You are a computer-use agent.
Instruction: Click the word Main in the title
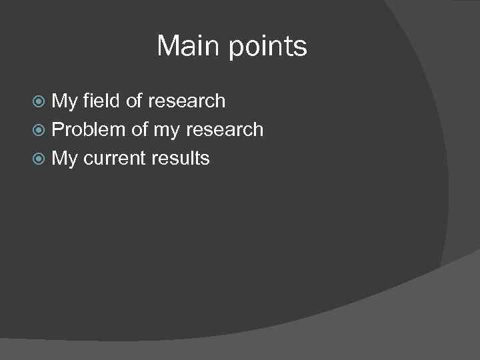click(189, 47)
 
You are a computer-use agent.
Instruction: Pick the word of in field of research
click(135, 101)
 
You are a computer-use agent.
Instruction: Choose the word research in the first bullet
click(187, 101)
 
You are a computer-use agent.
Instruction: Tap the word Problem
click(89, 129)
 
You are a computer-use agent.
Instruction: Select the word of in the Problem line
click(139, 129)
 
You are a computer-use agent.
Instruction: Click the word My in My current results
click(65, 159)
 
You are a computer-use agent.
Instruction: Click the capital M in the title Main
click(168, 47)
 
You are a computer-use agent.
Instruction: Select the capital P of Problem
click(57, 129)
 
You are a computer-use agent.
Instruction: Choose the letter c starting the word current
click(88, 159)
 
